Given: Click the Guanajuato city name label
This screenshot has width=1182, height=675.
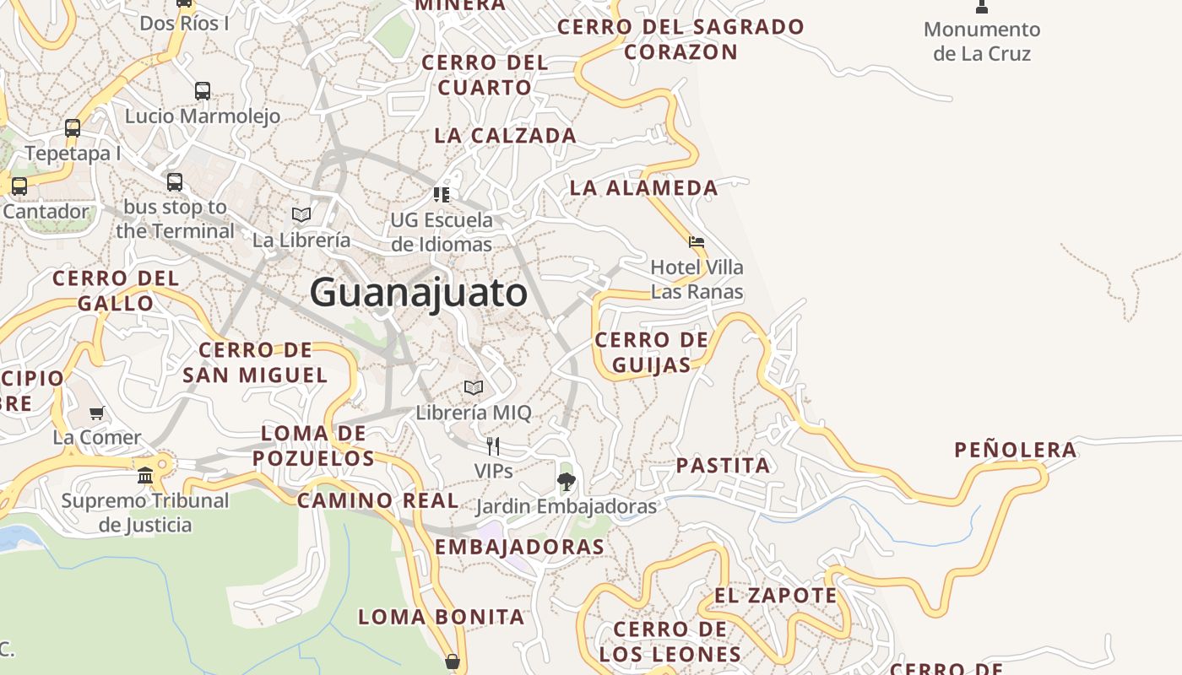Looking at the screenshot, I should [x=419, y=293].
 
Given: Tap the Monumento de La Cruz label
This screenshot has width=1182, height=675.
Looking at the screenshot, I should [x=982, y=41].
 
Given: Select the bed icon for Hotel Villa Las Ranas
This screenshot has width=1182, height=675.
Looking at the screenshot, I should [x=697, y=242].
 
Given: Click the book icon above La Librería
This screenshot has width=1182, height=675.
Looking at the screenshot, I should [x=301, y=214].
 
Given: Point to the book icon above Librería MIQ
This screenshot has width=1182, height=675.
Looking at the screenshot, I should [x=474, y=387].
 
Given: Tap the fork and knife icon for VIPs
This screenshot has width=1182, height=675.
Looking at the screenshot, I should [x=493, y=445].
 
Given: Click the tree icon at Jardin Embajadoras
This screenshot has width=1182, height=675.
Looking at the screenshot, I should [x=567, y=482].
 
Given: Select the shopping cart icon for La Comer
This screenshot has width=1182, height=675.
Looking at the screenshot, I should [x=97, y=413].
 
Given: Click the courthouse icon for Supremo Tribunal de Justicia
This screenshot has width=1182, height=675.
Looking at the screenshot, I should [x=145, y=475].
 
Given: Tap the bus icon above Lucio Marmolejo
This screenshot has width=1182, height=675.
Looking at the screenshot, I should [x=203, y=90].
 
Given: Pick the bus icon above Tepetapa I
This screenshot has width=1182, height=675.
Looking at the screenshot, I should [x=73, y=128].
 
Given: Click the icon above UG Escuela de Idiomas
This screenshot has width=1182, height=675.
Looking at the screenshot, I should [x=441, y=195].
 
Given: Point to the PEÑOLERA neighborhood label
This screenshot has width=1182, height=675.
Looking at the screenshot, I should [x=1016, y=450].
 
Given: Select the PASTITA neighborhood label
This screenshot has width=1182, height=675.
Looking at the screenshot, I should [x=724, y=465].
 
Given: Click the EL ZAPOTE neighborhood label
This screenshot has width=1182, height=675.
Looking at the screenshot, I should [x=776, y=596].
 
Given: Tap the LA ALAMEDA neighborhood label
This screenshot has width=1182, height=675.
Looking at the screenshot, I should [x=643, y=187].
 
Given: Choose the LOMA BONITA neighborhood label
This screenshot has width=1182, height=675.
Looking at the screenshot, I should [x=442, y=617].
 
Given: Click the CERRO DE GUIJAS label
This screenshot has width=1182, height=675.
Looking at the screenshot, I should [x=651, y=352].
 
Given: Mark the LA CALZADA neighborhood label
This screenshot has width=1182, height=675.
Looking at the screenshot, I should [x=505, y=135].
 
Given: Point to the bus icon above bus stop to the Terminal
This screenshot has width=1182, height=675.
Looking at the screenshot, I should [x=175, y=181].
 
